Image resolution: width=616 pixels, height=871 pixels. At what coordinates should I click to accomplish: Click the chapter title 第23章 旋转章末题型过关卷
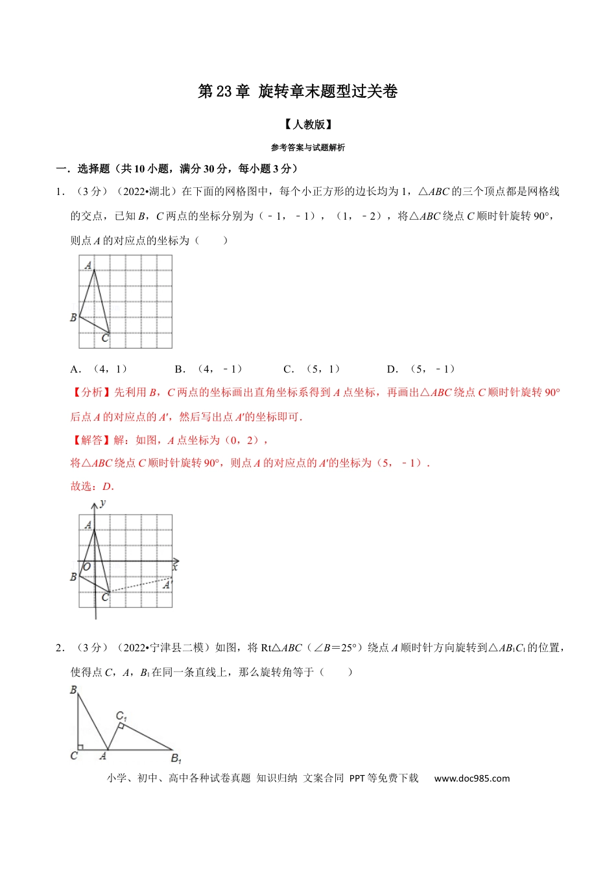pyautogui.click(x=298, y=91)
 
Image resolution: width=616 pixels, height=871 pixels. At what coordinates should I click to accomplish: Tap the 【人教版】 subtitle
pyautogui.click(x=308, y=124)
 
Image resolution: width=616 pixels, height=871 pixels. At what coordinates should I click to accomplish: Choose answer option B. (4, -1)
pyautogui.click(x=209, y=369)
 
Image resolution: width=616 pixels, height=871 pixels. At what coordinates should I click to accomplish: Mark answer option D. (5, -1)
pyautogui.click(x=421, y=369)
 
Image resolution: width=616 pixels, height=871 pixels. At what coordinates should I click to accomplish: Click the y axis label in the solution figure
pyautogui.click(x=103, y=504)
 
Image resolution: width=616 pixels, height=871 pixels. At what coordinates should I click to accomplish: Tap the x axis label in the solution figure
pyautogui.click(x=175, y=567)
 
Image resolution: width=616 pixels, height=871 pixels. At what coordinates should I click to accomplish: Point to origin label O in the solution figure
pyautogui.click(x=87, y=567)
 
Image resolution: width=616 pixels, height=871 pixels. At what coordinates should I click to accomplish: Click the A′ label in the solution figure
pyautogui.click(x=167, y=585)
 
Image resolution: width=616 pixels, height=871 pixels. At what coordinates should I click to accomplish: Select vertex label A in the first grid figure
pyautogui.click(x=89, y=265)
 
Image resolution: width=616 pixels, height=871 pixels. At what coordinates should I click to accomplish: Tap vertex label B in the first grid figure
pyautogui.click(x=73, y=318)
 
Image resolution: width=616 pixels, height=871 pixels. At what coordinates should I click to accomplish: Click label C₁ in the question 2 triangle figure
pyautogui.click(x=121, y=716)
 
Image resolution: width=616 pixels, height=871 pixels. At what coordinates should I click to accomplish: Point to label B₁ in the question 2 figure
pyautogui.click(x=176, y=758)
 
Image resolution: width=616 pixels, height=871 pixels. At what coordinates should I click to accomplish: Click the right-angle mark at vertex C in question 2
pyautogui.click(x=80, y=747)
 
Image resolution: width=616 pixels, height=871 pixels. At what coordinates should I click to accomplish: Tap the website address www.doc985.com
pyautogui.click(x=471, y=778)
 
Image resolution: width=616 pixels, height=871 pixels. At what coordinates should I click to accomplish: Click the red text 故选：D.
pyautogui.click(x=92, y=486)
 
